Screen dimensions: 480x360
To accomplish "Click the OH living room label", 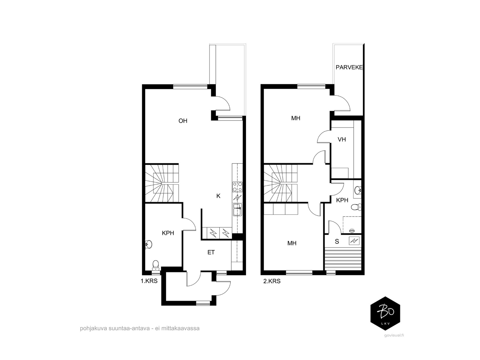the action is tap(183, 121).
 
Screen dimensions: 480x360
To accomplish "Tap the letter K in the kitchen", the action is tap(218, 196).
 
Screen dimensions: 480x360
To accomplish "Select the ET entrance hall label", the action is tap(211, 253).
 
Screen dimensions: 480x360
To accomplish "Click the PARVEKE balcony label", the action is tap(349, 67).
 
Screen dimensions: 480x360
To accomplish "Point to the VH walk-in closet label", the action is tap(342, 139).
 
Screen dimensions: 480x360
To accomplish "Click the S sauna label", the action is tap(337, 241).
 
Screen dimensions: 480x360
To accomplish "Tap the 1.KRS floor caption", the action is tap(149, 281).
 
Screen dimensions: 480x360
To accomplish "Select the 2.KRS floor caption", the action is tap(272, 281).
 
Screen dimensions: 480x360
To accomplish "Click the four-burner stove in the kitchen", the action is tap(237, 187).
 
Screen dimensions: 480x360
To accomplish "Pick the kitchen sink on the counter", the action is tap(237, 209).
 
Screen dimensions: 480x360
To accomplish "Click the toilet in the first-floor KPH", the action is tap(155, 265).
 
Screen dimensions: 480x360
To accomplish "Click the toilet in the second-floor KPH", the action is tap(356, 207).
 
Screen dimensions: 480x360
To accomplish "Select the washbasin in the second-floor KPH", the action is tap(358, 190).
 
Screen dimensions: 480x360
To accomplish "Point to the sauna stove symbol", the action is tap(354, 241).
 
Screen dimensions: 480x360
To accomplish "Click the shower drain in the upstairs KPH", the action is tap(352, 230).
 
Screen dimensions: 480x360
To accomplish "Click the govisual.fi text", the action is tap(394, 335).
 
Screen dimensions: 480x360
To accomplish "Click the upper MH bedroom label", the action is tap(296, 118).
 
